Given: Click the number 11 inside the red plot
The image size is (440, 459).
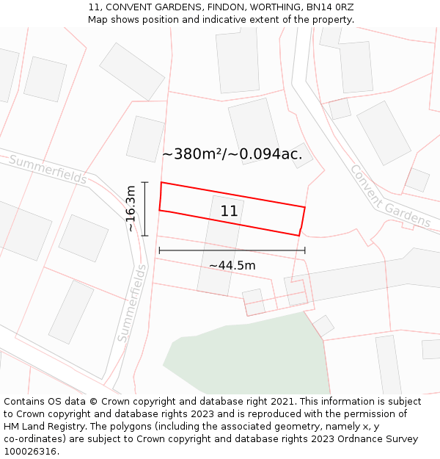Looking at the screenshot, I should pos(229,212).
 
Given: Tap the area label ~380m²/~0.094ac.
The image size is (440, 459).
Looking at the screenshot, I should pos(232,154).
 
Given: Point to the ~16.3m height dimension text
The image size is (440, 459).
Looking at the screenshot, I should pos(131,209).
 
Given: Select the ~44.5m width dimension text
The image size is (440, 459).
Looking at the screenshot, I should pos(232,265).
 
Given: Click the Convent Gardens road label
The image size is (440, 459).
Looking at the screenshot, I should pos(389,196).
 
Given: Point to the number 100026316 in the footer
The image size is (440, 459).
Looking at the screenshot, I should pos(30,452).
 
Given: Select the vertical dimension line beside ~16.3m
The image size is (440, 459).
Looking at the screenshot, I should pos(145,209).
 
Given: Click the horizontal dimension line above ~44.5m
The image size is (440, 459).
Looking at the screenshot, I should pos(232,250).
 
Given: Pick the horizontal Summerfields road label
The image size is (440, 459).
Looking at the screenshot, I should pos(48,170).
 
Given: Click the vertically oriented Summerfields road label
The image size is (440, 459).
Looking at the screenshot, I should pos(132,303).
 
